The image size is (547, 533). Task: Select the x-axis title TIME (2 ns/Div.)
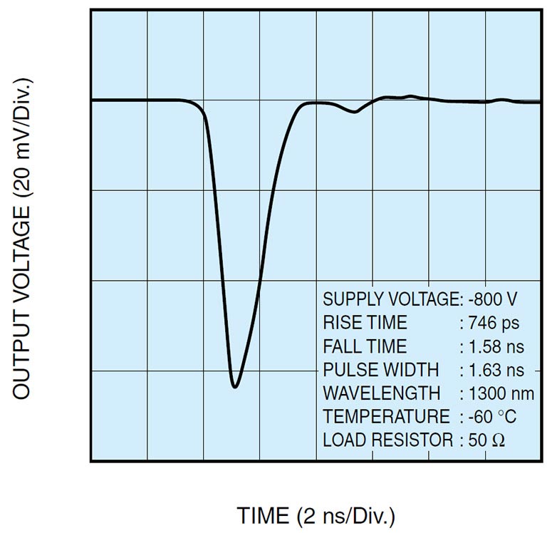coord(316,514)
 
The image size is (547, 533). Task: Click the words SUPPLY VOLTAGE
coord(390,299)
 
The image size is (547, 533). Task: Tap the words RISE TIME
coord(365,323)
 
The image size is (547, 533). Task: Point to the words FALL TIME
coord(365,346)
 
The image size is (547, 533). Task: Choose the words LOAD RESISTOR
coord(387,440)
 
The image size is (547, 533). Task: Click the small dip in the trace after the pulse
coord(354,112)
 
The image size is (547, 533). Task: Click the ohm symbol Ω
coord(499,440)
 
